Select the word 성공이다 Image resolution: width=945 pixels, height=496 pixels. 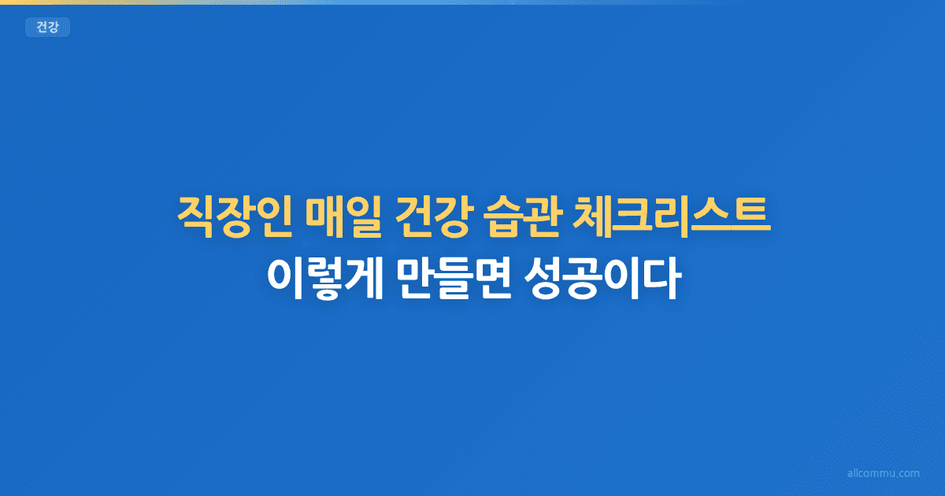(x=600, y=280)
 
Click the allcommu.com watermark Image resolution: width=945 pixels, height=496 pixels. (x=883, y=474)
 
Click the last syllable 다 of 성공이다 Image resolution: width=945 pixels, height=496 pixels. (x=660, y=280)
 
